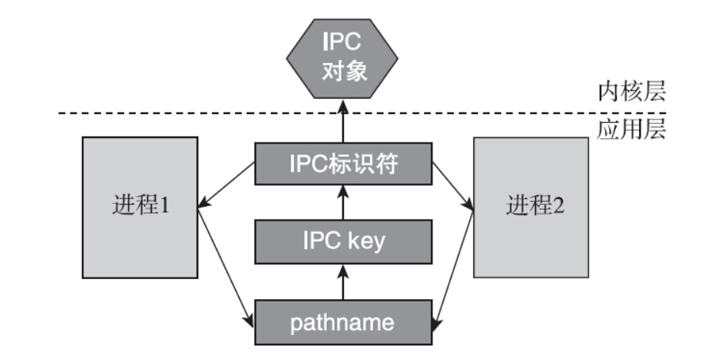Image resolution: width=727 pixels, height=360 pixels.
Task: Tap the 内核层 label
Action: [x=631, y=93]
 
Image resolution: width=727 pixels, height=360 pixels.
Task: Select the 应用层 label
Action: [x=631, y=130]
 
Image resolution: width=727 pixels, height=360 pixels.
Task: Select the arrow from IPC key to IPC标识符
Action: [x=341, y=202]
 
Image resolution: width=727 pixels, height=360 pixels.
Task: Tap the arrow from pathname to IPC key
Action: [x=341, y=282]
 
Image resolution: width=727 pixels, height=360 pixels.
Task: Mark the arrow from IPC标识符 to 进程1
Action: [x=227, y=185]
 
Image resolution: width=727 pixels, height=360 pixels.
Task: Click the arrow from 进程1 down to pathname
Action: [x=227, y=266]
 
